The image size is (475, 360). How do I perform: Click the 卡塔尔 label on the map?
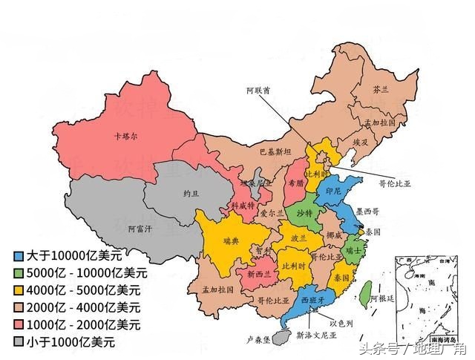tap(126, 137)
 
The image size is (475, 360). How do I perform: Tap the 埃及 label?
tap(361, 141)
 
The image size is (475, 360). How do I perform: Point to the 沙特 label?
tap(304, 213)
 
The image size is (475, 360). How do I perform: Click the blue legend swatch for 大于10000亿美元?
tap(16, 255)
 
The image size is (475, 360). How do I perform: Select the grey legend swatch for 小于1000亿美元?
tap(16, 341)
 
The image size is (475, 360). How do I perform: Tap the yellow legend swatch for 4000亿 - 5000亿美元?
tap(16, 289)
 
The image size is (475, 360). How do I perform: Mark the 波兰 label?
tap(299, 240)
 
